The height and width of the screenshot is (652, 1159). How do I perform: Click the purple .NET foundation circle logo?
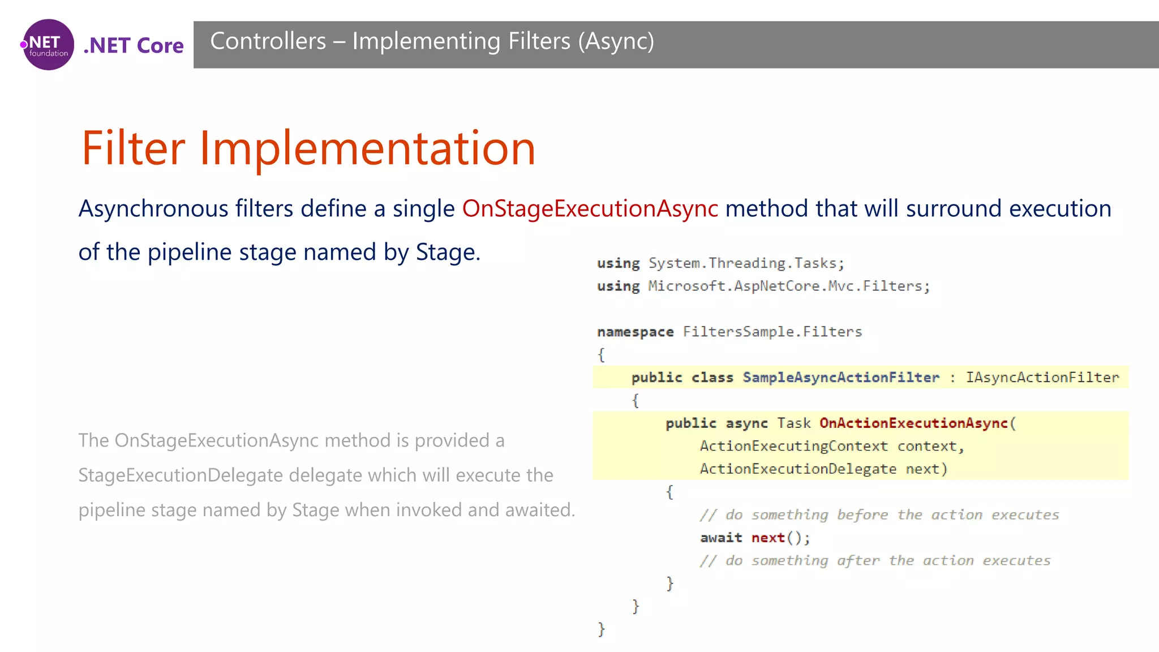48,45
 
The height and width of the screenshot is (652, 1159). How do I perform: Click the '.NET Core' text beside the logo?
134,46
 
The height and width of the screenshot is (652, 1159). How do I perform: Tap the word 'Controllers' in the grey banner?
268,41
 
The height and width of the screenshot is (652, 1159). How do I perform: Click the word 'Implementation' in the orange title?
367,148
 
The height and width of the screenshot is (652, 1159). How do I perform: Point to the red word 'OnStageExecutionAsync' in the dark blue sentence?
590,209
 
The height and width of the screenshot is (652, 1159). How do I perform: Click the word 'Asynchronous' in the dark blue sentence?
153,209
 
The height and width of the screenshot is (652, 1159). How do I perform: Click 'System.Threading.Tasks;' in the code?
746,263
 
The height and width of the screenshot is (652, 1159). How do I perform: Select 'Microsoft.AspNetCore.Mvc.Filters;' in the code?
788,286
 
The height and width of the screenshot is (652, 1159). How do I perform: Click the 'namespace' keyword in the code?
635,332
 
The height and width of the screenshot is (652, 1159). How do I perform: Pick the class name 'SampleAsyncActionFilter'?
840,378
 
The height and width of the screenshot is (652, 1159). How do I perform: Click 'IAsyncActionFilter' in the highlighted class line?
1042,378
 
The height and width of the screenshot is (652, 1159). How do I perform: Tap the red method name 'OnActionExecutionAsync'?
913,423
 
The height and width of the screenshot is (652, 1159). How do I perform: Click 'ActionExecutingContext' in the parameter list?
793,446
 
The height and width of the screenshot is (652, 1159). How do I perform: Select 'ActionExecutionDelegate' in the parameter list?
798,469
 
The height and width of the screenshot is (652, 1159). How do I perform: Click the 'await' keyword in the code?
720,538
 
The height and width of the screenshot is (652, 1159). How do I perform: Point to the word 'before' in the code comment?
862,515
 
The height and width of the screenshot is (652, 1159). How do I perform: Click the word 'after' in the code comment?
858,561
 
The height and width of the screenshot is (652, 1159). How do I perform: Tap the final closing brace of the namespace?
601,629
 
